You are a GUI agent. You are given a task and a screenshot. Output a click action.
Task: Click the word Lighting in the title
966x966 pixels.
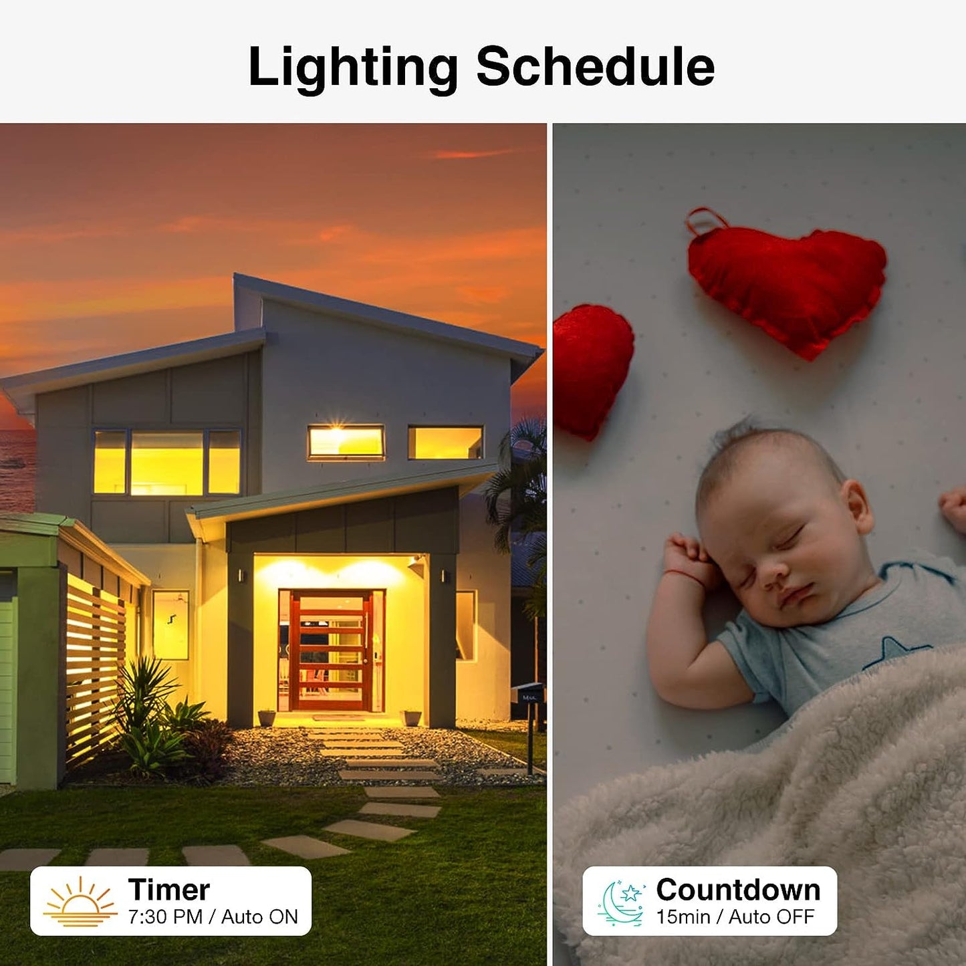click(x=352, y=68)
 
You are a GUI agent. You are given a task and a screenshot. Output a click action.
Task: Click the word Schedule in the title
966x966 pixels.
click(x=595, y=66)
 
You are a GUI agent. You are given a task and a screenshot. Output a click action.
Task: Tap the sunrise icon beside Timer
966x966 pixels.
click(x=80, y=902)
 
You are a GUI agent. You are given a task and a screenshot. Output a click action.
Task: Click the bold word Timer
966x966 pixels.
click(x=169, y=890)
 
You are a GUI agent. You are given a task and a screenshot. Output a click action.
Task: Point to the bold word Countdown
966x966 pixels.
click(x=738, y=890)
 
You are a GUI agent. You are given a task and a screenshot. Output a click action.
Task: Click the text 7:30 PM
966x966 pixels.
click(x=165, y=917)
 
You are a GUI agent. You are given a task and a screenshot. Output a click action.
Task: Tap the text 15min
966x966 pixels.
click(x=683, y=917)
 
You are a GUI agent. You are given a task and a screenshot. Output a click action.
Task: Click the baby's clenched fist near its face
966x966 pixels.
click(x=689, y=559)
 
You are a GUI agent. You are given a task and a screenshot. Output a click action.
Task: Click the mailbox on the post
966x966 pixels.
click(x=529, y=695)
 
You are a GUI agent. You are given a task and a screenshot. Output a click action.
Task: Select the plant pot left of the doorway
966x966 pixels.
click(x=266, y=717)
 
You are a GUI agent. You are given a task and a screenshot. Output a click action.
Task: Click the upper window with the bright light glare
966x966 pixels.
click(x=346, y=442)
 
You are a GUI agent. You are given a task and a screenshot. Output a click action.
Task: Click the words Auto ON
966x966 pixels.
click(x=259, y=917)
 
